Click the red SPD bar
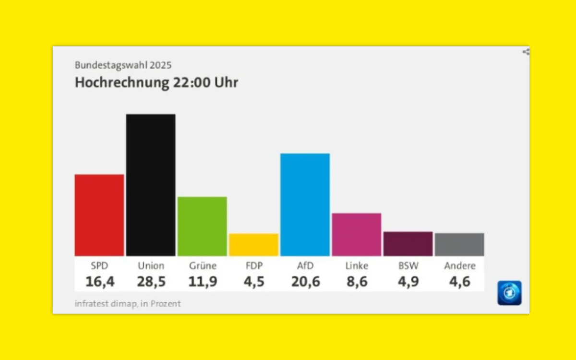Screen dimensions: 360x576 click(99, 215)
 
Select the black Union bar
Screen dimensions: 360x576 click(151, 185)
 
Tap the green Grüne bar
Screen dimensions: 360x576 click(202, 226)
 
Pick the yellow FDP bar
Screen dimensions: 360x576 click(253, 245)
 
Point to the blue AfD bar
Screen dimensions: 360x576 click(305, 204)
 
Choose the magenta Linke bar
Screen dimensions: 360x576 click(356, 234)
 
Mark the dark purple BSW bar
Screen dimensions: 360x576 click(408, 244)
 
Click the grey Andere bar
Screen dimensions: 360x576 click(459, 244)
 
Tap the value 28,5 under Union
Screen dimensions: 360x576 click(151, 281)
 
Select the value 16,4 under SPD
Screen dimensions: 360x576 click(100, 281)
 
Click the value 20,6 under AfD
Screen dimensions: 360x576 click(305, 281)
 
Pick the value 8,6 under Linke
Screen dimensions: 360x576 click(357, 281)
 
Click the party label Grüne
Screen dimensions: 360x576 click(203, 265)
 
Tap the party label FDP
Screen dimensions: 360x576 click(254, 265)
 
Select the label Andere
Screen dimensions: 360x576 click(460, 265)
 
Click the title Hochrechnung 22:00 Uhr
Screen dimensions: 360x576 click(156, 83)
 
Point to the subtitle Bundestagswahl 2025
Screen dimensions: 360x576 click(123, 65)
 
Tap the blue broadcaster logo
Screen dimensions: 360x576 click(509, 293)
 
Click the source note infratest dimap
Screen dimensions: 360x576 click(106, 303)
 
